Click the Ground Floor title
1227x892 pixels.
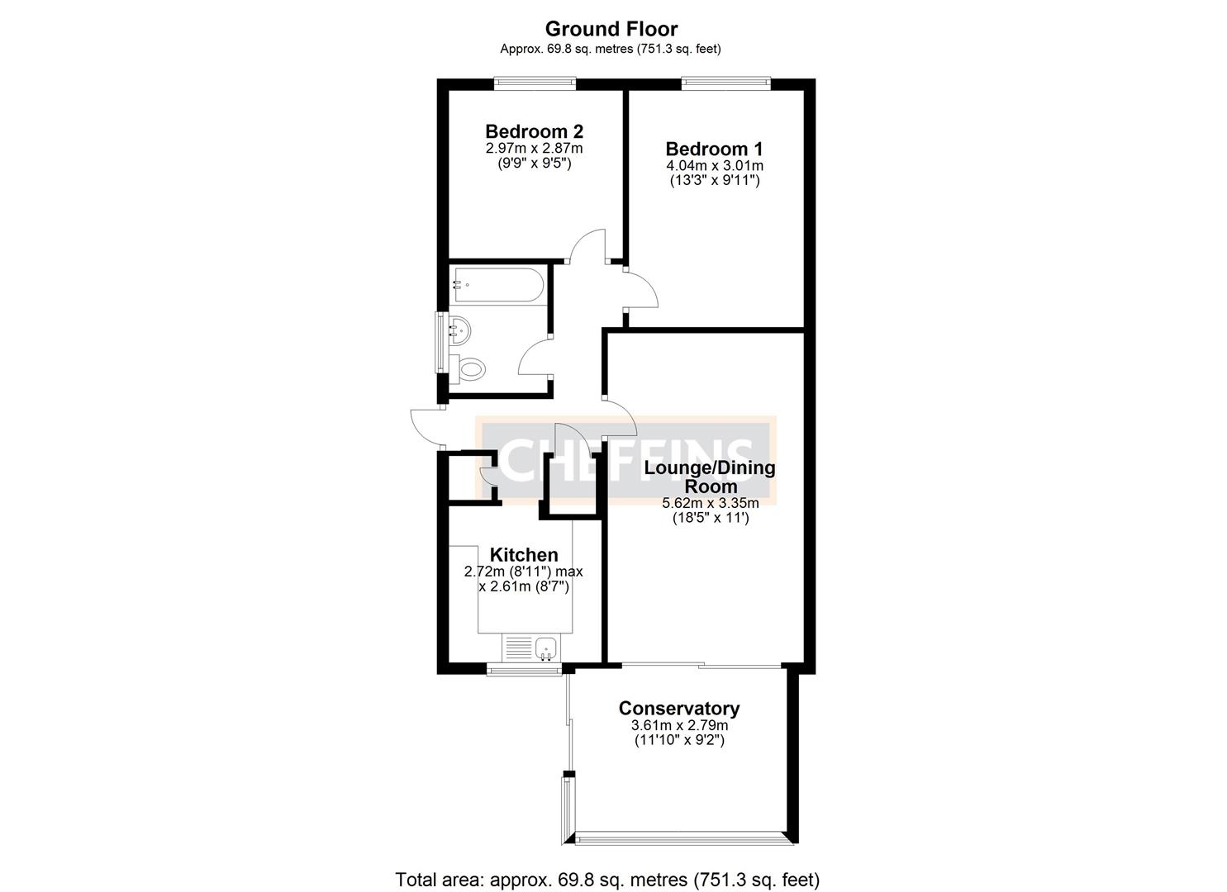tap(611, 29)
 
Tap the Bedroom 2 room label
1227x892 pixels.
tap(534, 131)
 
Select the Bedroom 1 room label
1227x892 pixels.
tap(714, 149)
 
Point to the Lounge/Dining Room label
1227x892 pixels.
tap(710, 477)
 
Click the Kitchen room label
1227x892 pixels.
tap(524, 555)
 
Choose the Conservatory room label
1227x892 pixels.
tap(678, 709)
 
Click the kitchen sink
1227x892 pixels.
tap(546, 648)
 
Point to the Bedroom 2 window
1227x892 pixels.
tap(535, 82)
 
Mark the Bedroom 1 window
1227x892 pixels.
tap(725, 82)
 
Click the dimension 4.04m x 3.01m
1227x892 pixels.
tap(713, 165)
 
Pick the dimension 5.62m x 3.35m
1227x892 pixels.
tap(710, 503)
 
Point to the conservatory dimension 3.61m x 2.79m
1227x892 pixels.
tap(678, 725)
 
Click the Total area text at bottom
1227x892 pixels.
tap(607, 880)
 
